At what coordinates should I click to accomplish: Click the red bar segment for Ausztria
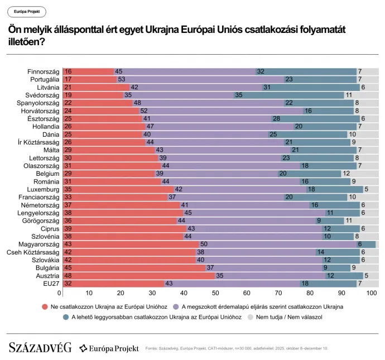[134, 275]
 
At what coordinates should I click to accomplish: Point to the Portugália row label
[43, 80]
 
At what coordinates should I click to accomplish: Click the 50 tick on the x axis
[215, 293]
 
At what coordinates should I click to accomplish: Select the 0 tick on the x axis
[60, 293]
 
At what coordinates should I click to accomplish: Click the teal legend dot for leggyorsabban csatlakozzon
[66, 317]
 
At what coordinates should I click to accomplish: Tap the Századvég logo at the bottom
[40, 348]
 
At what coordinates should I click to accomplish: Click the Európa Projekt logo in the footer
[109, 348]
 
